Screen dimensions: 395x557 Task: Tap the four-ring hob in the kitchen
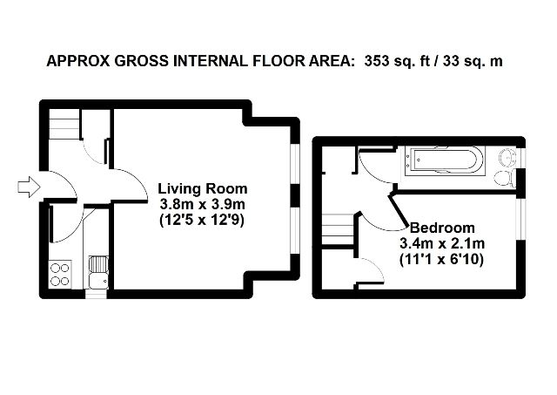click(61, 275)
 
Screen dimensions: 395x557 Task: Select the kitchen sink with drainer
click(97, 271)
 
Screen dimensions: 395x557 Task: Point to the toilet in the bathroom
click(504, 178)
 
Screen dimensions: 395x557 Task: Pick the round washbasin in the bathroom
click(508, 158)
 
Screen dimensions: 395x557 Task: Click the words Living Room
click(203, 188)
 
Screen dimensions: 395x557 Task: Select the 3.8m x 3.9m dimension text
click(203, 204)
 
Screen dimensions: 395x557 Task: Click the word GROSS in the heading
click(139, 62)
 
